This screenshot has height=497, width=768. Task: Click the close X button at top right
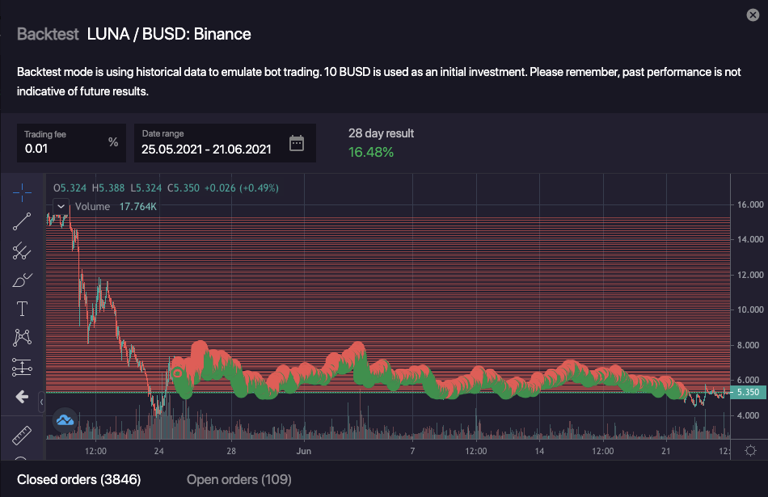point(753,15)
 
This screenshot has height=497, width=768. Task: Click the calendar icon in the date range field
point(297,144)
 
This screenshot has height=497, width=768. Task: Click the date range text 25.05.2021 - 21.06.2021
point(206,149)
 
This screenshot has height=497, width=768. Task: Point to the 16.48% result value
point(371,152)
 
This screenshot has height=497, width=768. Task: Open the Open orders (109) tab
point(238,480)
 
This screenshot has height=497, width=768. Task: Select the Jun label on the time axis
point(304,451)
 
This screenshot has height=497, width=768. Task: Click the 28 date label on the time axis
point(231,451)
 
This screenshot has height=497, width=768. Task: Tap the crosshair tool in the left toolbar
point(22,191)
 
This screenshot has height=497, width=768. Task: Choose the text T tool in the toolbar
point(22,308)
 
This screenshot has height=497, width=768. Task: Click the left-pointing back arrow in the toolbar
point(22,397)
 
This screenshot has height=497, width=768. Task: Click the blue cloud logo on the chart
point(64,419)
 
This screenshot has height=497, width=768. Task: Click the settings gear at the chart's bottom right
point(750,451)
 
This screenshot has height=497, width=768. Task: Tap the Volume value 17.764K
point(138,207)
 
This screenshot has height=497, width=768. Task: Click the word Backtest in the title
point(48,34)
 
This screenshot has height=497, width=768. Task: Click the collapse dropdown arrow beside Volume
point(61,207)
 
